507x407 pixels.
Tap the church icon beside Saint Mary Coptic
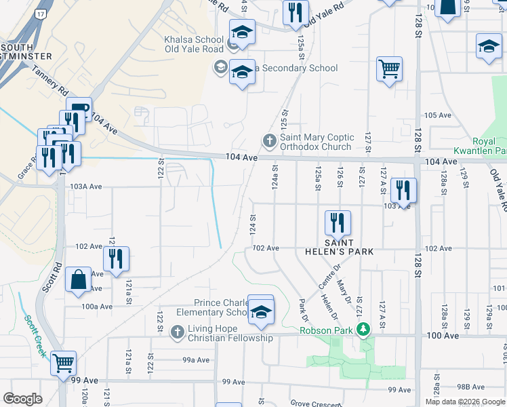[x=269, y=141]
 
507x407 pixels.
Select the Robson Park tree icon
[x=364, y=330]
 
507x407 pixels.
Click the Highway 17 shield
[x=41, y=13]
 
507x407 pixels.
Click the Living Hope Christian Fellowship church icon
[x=178, y=332]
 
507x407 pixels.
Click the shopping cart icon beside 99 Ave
[x=63, y=364]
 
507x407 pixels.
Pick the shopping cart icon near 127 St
[x=390, y=69]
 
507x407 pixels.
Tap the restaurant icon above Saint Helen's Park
[x=337, y=222]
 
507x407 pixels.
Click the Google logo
[x=22, y=399]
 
